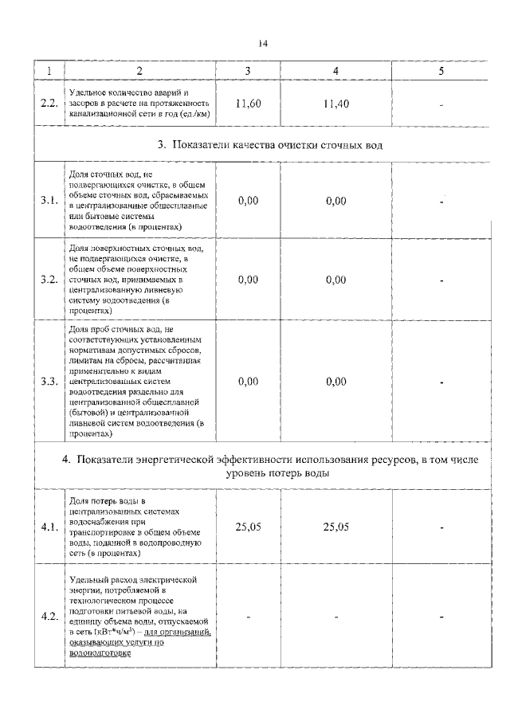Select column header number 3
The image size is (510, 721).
(248, 72)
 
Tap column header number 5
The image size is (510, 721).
(441, 72)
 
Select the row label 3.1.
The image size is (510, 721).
(49, 201)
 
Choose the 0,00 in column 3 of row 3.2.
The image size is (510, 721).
(248, 280)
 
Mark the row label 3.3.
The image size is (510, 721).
(49, 382)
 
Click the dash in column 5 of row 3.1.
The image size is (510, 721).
(441, 202)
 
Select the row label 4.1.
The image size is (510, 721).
(49, 527)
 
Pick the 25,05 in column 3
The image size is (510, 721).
(248, 527)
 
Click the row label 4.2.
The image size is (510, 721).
(49, 617)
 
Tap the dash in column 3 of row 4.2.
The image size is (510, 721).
(248, 617)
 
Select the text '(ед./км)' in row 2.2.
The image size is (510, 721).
(189, 113)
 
